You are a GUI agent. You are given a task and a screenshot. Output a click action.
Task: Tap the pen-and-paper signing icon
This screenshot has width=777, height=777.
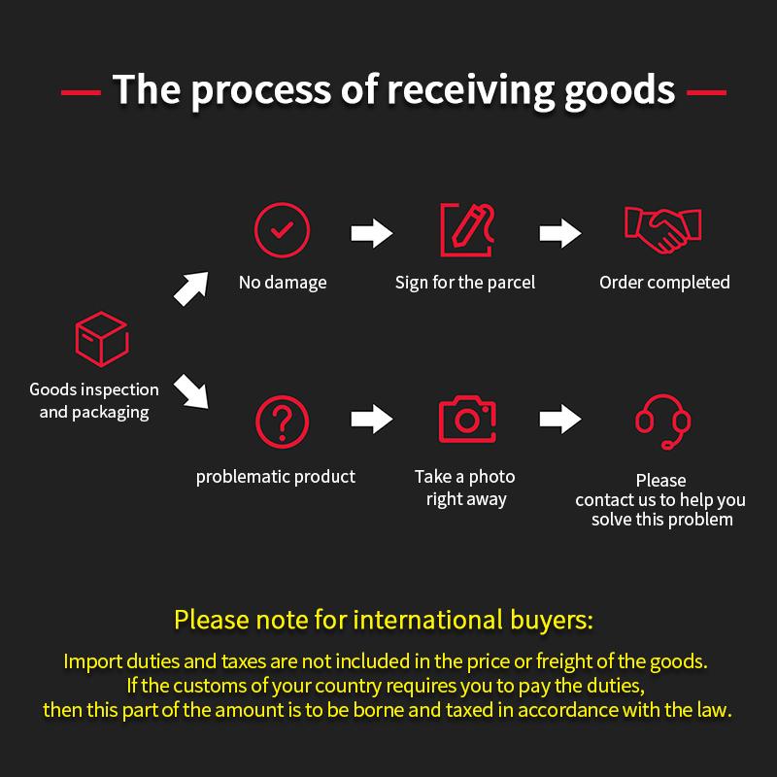point(467,230)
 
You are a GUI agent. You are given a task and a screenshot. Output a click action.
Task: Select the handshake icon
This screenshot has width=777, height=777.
point(662,230)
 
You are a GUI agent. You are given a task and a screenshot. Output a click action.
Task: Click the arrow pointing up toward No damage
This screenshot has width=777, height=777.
point(191,288)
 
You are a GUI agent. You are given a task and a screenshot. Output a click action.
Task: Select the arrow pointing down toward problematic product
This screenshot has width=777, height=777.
point(191,391)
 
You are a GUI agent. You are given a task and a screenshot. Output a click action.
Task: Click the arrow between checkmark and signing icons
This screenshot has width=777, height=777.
point(372,232)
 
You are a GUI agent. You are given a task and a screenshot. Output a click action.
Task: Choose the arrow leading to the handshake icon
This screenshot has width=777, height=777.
point(560,232)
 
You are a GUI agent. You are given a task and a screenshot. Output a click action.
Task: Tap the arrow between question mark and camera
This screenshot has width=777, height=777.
point(372,419)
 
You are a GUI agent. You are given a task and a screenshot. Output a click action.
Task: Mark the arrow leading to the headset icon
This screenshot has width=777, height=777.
point(560,419)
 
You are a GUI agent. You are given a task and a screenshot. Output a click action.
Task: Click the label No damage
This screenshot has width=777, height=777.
point(283,283)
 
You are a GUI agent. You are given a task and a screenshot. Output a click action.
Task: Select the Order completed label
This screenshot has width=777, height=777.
point(664,283)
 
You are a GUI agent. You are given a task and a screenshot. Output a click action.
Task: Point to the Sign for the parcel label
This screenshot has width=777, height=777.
point(465,283)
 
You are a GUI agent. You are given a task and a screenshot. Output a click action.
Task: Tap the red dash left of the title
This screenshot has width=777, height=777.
point(81,92)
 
